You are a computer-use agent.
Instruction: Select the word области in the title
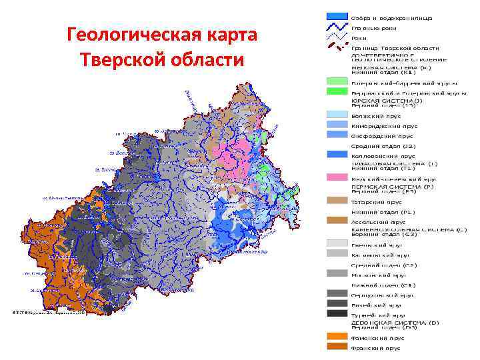[206, 60]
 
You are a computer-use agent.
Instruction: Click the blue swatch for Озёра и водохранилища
[337, 16]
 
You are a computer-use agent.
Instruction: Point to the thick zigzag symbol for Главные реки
[337, 27]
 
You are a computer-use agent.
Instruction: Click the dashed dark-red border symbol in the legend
[337, 47]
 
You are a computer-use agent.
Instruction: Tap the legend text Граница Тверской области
[395, 48]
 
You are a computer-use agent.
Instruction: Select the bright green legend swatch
[337, 93]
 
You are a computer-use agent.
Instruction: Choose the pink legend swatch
[337, 178]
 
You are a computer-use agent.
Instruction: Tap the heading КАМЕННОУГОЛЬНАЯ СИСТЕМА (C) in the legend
[409, 229]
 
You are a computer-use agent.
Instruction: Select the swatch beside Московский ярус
[337, 273]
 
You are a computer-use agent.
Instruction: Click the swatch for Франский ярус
[337, 347]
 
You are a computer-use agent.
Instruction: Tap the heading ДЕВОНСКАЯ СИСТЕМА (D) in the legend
[395, 322]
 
